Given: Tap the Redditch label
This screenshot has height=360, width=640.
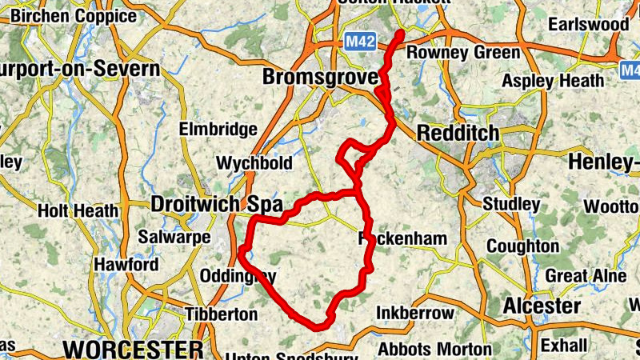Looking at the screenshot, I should coord(458,133).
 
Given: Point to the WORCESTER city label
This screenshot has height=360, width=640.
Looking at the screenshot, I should coord(134,350).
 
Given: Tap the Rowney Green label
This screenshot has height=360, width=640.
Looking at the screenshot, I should coord(464,53).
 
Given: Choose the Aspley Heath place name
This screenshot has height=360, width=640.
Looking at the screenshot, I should coord(553,81).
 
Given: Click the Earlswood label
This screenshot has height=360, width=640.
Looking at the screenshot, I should coord(589,25).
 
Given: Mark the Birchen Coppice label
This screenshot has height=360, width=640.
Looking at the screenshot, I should coord(74,16).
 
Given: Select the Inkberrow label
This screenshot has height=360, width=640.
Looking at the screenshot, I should coord(414,313).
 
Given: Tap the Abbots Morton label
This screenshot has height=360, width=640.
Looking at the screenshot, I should coord(435,349).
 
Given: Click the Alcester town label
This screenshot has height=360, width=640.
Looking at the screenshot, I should coord(542,306).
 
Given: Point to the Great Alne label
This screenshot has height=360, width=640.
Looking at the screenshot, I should coord(574,276).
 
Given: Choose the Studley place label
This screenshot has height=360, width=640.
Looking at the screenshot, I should coord(511,204).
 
